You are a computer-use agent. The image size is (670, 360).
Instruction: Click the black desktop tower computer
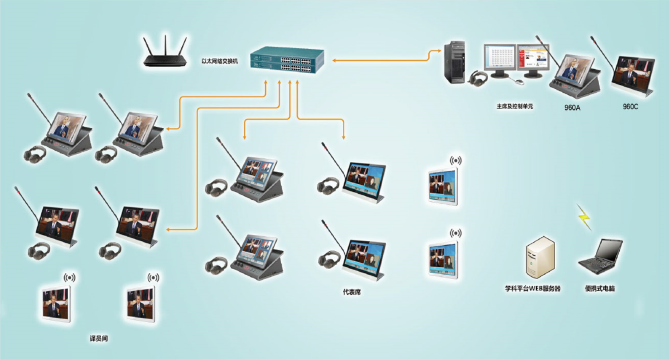(455, 62)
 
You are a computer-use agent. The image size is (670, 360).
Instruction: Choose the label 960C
(630, 106)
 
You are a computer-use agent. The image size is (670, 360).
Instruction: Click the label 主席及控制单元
(515, 105)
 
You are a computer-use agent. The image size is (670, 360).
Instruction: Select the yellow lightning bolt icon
(584, 217)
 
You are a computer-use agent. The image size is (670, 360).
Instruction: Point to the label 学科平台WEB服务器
(533, 289)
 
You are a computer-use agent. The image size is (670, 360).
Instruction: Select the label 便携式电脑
(600, 289)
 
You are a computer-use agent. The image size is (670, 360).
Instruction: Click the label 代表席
(352, 291)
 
